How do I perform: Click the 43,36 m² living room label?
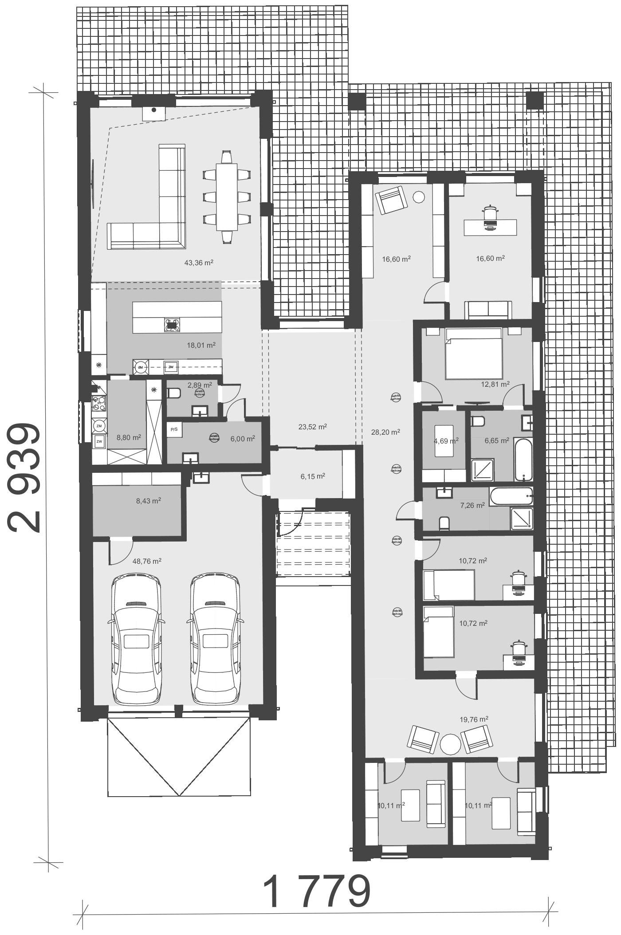click(199, 263)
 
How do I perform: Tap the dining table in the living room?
click(227, 197)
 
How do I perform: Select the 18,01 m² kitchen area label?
click(201, 345)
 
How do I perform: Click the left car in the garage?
click(136, 639)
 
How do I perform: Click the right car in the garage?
click(215, 639)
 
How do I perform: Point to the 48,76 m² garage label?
click(147, 561)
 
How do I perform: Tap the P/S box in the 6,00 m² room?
click(174, 429)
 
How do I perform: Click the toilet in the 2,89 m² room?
click(173, 393)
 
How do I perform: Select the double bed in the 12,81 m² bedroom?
click(474, 354)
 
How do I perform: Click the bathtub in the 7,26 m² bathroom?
click(511, 496)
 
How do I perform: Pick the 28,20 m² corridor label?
click(385, 432)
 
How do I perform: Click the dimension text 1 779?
click(317, 892)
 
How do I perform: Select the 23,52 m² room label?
click(313, 427)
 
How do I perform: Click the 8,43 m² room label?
click(148, 501)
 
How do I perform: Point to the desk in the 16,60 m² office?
click(490, 227)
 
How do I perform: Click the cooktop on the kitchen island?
click(172, 325)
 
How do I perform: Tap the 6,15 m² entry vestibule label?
click(313, 476)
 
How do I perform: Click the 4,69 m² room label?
click(446, 441)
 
